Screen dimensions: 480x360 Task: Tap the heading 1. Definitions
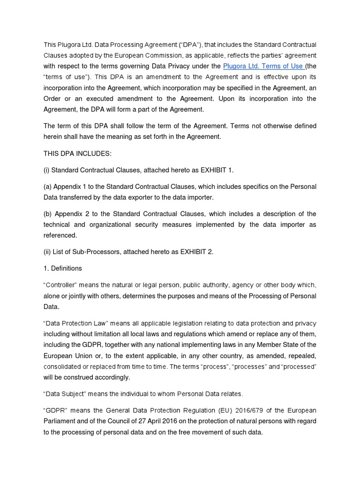(x=63, y=268)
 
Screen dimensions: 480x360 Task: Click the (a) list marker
(x=47, y=187)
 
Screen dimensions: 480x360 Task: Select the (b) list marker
(x=47, y=214)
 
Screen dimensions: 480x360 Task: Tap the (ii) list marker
(x=48, y=252)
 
